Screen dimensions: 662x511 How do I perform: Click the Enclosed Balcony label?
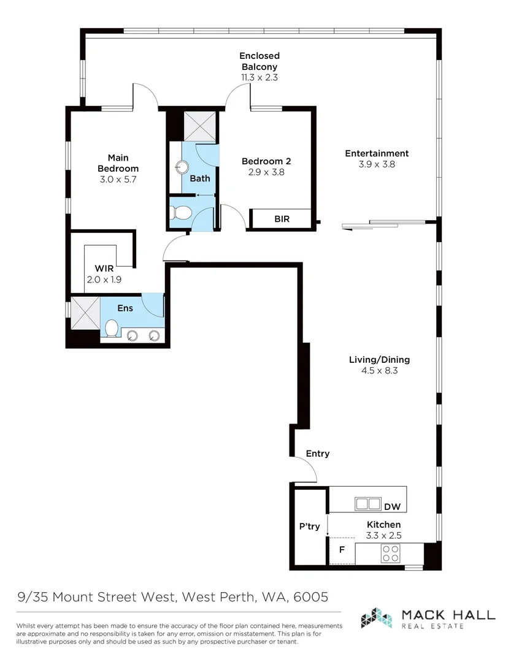[259, 61]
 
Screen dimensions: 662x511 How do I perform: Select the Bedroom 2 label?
[266, 161]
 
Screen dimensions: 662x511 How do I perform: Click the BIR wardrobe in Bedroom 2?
[282, 219]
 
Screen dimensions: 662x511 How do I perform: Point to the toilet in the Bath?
[181, 213]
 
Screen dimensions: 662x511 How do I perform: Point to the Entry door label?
[318, 454]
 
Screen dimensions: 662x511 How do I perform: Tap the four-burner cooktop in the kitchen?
[391, 554]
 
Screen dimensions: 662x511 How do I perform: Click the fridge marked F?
[342, 549]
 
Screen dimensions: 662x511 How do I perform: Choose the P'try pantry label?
[309, 526]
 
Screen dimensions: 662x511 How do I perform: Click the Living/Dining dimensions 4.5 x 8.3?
[378, 371]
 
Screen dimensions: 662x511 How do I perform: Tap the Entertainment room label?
[376, 153]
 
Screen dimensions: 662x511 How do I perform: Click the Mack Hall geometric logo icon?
[376, 618]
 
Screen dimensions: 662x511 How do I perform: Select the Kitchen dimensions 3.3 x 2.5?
[383, 535]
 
